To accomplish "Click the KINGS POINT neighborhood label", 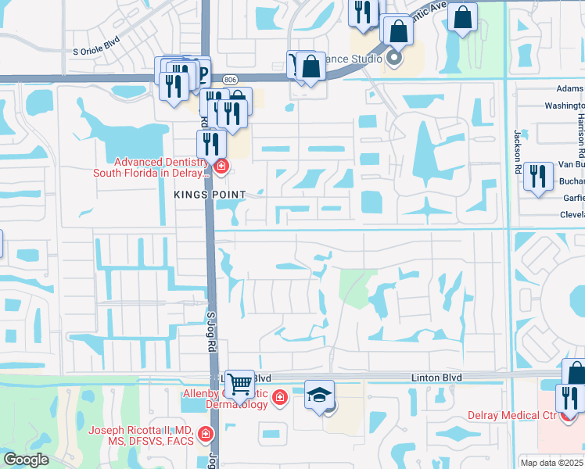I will (x=210, y=194).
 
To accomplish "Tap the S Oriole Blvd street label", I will (x=98, y=52).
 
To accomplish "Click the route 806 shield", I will (x=229, y=79).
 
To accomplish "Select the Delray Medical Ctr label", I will (x=511, y=415).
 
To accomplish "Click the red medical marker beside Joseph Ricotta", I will (x=205, y=433).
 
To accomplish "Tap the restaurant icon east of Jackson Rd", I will (x=537, y=175).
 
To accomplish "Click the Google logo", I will (x=26, y=460).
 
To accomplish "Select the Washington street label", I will (x=564, y=106).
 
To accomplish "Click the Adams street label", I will (x=569, y=89).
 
